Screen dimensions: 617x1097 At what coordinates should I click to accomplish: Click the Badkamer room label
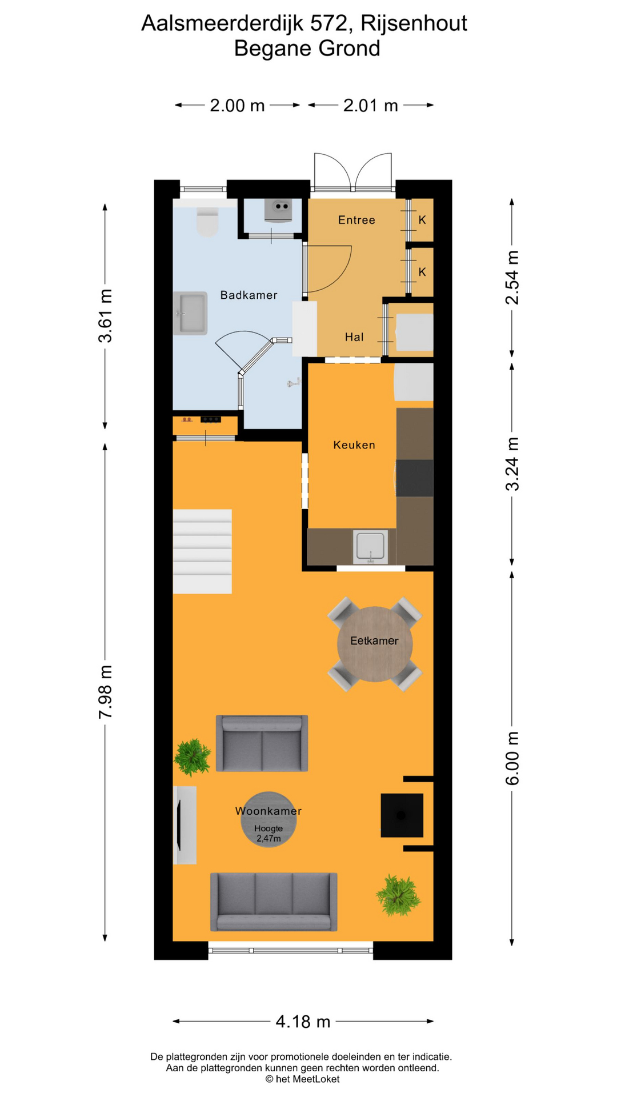pyautogui.click(x=249, y=295)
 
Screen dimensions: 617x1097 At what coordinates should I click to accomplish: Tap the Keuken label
pyautogui.click(x=354, y=445)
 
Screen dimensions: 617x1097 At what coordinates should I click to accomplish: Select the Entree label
pyautogui.click(x=356, y=220)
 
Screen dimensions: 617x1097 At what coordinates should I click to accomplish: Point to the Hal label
pyautogui.click(x=354, y=337)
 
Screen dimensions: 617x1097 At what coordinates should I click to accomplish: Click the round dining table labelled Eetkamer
pyautogui.click(x=375, y=644)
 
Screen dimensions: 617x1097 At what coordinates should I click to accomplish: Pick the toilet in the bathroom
pyautogui.click(x=207, y=222)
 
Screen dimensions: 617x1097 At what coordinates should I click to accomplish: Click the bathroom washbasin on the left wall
pyautogui.click(x=190, y=313)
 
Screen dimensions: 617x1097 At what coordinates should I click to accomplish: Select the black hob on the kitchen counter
pyautogui.click(x=414, y=478)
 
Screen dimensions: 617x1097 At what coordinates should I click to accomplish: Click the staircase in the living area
pyautogui.click(x=202, y=551)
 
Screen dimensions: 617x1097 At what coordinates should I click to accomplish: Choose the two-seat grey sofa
pyautogui.click(x=262, y=743)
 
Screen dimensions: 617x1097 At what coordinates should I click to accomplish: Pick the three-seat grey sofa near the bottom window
pyautogui.click(x=274, y=902)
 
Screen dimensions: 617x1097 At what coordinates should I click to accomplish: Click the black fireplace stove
pyautogui.click(x=402, y=815)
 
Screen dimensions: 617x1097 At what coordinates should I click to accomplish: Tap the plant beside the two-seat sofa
pyautogui.click(x=193, y=757)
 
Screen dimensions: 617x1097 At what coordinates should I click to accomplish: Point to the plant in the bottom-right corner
pyautogui.click(x=398, y=895)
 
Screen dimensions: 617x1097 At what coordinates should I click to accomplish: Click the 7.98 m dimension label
pyautogui.click(x=106, y=691)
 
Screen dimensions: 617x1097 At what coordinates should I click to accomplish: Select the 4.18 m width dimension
pyautogui.click(x=303, y=1021)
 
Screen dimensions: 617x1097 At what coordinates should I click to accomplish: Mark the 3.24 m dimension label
pyautogui.click(x=512, y=464)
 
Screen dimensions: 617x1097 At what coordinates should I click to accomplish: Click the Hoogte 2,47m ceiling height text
pyautogui.click(x=269, y=834)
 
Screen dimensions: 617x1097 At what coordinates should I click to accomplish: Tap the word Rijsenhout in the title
pyautogui.click(x=414, y=23)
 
